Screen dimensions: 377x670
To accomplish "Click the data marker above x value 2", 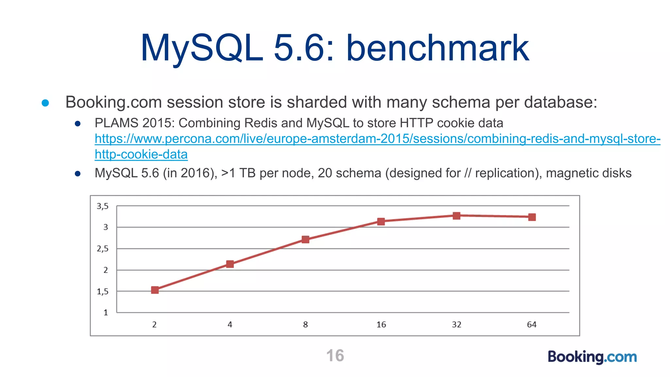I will click(155, 290).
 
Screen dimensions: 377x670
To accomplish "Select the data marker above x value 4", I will click(230, 264).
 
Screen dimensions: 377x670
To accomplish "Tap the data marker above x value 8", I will click(305, 240).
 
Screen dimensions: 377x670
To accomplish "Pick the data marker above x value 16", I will click(381, 222).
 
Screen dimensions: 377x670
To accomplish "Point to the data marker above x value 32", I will click(456, 216).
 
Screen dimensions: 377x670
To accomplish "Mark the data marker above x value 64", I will click(532, 217).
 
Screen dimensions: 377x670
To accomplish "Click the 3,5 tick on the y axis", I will click(102, 206).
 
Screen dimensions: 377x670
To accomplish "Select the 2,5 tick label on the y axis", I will click(102, 249).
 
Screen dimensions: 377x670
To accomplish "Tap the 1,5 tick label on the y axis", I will click(102, 292).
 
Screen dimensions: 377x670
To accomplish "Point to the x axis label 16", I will click(381, 325).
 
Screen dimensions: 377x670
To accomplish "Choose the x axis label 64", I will click(532, 325).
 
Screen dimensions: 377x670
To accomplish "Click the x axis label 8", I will click(305, 325).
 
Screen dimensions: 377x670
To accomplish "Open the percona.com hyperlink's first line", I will click(377, 139).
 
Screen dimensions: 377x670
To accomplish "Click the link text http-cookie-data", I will click(141, 154).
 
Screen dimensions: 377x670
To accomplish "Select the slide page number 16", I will click(335, 356).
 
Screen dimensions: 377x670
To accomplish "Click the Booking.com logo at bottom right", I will click(592, 357).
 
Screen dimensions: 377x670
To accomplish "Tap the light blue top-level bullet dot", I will click(45, 103).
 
